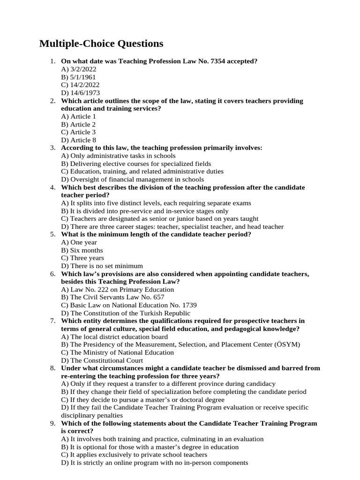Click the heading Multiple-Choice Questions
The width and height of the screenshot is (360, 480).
click(101, 44)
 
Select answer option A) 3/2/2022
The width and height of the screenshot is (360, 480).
click(79, 69)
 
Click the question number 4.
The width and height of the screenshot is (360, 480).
click(53, 187)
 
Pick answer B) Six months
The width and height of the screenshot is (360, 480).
click(82, 250)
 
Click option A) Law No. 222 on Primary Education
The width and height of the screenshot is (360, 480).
click(118, 290)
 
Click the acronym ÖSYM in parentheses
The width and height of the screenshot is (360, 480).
click(286, 345)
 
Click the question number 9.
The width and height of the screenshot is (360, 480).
click(53, 423)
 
